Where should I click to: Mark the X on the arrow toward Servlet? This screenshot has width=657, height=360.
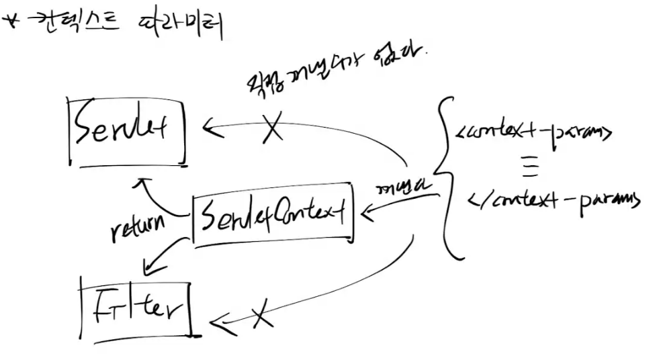point(272,127)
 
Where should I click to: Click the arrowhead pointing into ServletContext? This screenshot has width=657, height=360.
point(368,214)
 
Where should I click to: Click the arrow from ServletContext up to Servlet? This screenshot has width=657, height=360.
point(157,197)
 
